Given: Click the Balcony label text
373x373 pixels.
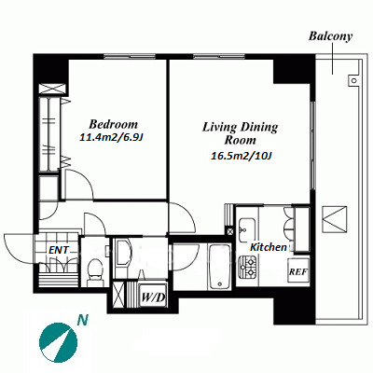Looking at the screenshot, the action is (330, 36).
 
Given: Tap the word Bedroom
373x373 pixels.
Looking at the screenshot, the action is (113, 124).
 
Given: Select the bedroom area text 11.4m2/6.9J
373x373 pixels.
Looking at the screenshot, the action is (111, 137).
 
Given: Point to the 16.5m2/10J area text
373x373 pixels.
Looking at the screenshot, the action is (242, 156).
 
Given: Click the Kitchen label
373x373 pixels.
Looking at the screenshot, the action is (269, 247).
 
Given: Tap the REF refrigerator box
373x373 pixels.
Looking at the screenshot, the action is (298, 270).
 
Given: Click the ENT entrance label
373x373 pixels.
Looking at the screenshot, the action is (59, 250).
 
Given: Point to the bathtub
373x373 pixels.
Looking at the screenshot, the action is (219, 267).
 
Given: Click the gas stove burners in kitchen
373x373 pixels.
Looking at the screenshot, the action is (247, 267).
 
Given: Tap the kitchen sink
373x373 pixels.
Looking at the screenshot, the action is (247, 229).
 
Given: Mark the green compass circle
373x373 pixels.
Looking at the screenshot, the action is (58, 342).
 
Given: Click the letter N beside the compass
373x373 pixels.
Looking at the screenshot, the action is (83, 319).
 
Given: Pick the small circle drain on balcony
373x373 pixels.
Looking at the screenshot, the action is (353, 80).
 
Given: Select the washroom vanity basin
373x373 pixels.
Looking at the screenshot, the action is (123, 252).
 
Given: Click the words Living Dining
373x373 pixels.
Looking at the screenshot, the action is (241, 127).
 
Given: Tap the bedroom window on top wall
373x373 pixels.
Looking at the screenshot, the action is (130, 57).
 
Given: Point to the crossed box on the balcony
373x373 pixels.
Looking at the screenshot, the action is (335, 218).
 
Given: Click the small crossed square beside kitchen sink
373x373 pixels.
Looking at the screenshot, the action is (230, 231).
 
